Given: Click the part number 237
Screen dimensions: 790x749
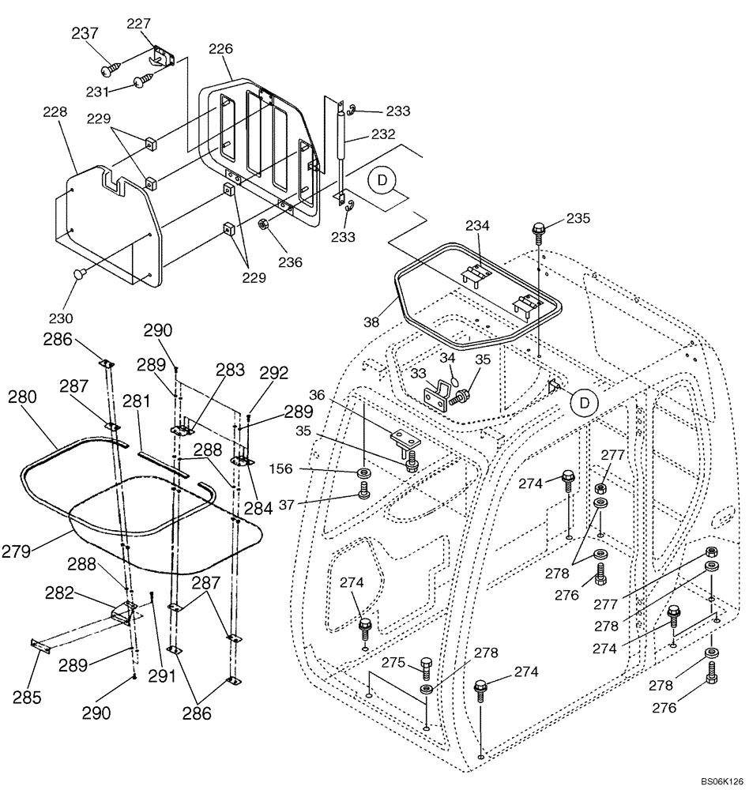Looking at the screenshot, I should [85, 33].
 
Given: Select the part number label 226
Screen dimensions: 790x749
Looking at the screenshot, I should [220, 49].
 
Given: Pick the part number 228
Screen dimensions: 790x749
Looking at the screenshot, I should [55, 113].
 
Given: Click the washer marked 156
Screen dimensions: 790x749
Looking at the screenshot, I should [364, 474].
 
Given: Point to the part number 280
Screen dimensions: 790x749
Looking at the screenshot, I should [23, 397].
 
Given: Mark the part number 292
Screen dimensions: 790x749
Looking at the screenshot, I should [274, 372].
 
